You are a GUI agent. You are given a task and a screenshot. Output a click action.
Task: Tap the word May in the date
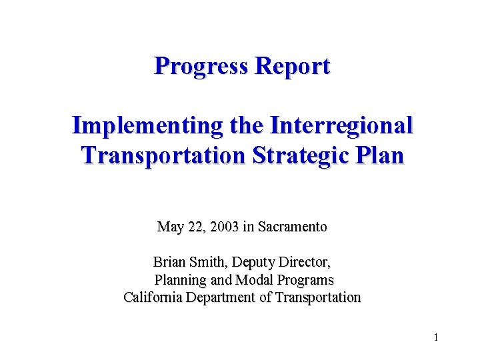170,227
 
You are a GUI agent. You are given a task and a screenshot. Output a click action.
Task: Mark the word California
156,297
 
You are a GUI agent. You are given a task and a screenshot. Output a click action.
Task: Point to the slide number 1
435,337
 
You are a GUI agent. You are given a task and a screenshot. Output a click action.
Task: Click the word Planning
180,280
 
